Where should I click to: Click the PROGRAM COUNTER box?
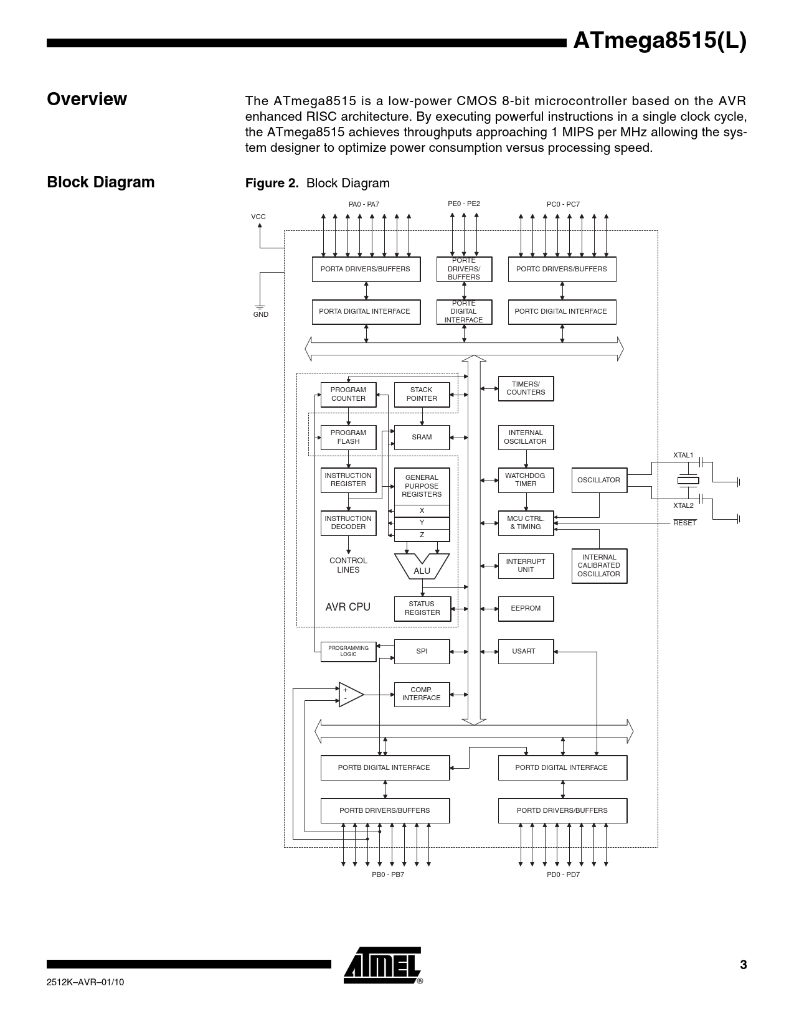[x=348, y=395]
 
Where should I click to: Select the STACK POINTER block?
[x=422, y=395]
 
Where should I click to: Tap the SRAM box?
[x=422, y=438]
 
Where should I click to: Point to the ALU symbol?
[x=422, y=567]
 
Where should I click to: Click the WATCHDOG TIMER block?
[x=526, y=480]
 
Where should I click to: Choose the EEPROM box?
[x=526, y=609]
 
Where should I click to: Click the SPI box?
[x=422, y=652]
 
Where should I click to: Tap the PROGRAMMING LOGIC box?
[x=348, y=652]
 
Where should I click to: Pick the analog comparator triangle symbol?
[x=350, y=695]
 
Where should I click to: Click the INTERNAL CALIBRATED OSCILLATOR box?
[x=599, y=566]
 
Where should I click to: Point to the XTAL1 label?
[x=683, y=456]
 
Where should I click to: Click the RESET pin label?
[x=684, y=523]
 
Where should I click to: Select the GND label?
[x=261, y=315]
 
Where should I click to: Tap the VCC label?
[x=258, y=217]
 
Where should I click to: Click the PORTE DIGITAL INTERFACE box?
[x=464, y=312]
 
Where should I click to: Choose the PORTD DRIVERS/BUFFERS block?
[x=562, y=811]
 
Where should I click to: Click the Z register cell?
[x=422, y=535]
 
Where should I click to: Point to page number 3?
[x=743, y=965]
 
